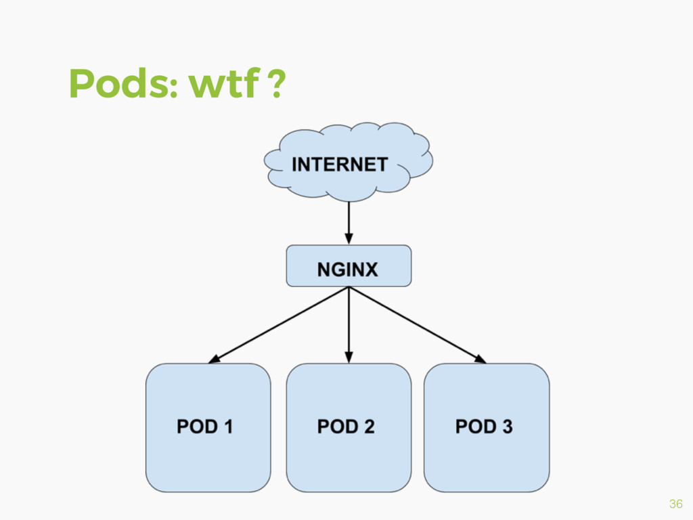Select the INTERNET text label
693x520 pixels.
pyautogui.click(x=340, y=165)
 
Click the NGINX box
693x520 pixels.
pyautogui.click(x=349, y=266)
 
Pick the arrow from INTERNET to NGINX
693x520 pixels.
pyautogui.click(x=349, y=220)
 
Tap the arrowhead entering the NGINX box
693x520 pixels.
pyautogui.click(x=349, y=238)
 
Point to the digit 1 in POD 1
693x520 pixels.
pyautogui.click(x=228, y=427)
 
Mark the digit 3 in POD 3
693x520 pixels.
pyautogui.click(x=507, y=427)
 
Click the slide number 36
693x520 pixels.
pyautogui.click(x=675, y=504)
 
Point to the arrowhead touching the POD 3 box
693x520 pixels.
pyautogui.click(x=480, y=360)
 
